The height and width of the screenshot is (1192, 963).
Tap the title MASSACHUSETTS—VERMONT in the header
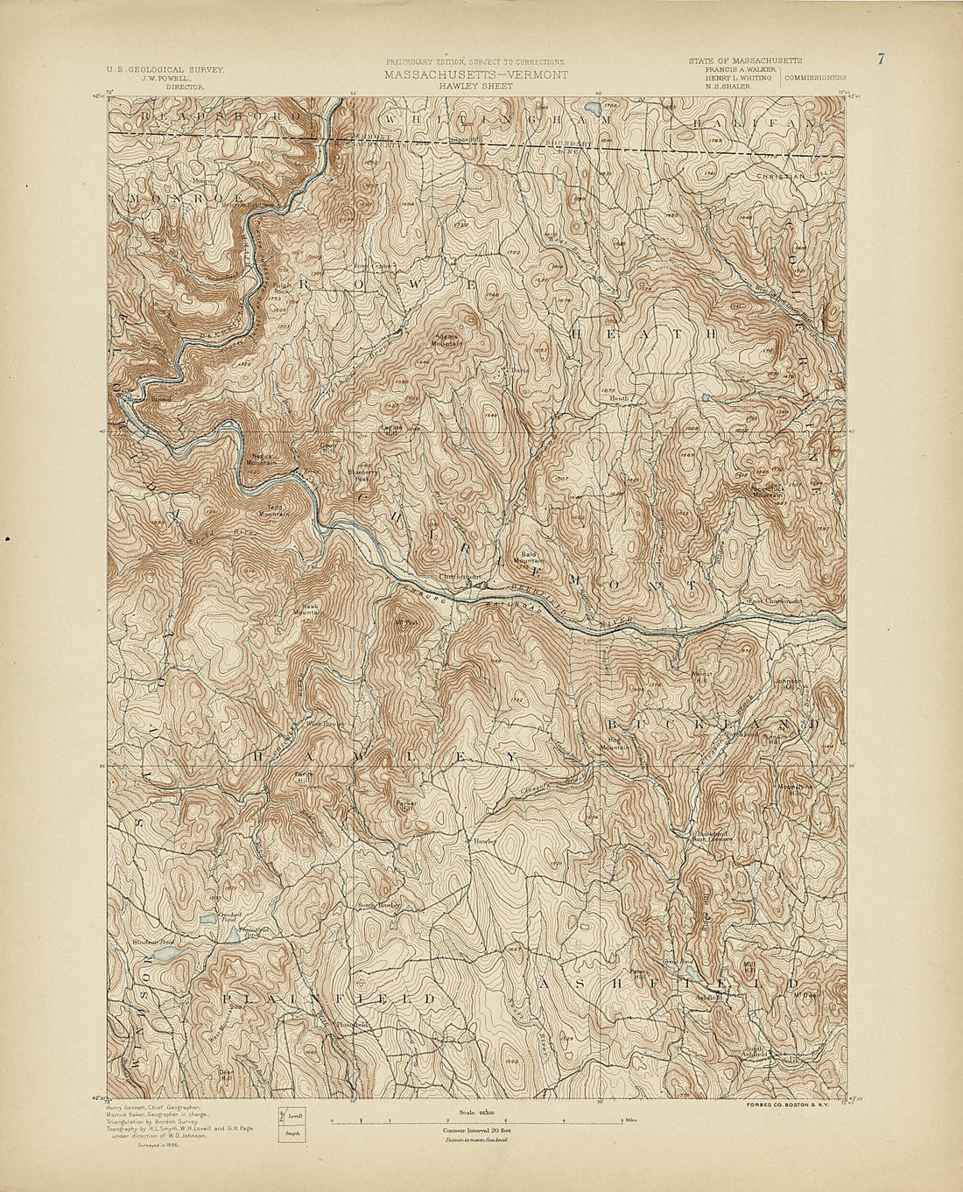pyautogui.click(x=474, y=75)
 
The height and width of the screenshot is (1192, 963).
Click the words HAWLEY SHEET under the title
pyautogui.click(x=474, y=88)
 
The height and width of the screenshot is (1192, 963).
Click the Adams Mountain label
pyautogui.click(x=450, y=340)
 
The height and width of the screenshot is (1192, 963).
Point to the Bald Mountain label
pyautogui.click(x=532, y=557)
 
